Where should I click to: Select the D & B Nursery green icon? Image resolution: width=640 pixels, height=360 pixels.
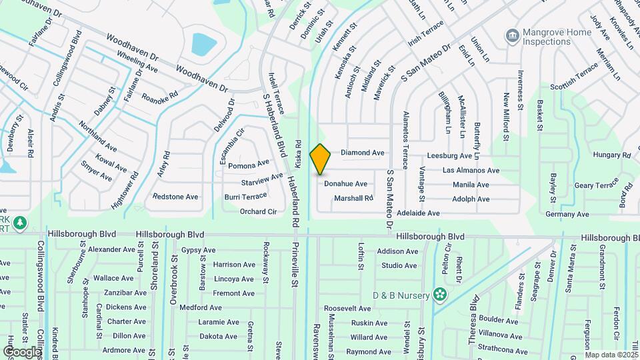point(439,293)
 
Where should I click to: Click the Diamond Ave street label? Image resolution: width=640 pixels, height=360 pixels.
point(363,153)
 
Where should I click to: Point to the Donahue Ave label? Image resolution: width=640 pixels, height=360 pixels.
point(345,184)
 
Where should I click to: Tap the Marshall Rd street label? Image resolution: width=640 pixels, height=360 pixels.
point(353,198)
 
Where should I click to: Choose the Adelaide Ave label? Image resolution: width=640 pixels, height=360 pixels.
point(418,213)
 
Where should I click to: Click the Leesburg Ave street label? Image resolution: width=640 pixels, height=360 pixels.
point(449,156)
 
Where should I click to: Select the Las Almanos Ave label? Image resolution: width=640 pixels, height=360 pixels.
point(471,171)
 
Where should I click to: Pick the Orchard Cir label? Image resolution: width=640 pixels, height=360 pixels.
point(258,212)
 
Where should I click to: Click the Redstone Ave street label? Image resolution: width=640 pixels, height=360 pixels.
point(175,197)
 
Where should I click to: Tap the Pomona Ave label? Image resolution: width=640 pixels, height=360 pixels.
point(248,164)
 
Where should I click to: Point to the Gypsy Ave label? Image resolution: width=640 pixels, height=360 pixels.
point(198,251)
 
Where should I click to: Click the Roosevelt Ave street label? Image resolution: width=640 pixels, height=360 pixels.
point(348,309)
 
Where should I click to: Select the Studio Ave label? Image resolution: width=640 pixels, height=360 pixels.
point(399,265)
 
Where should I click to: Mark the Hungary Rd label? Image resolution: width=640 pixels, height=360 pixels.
point(612,155)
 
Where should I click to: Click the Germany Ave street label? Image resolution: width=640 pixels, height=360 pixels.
point(567,215)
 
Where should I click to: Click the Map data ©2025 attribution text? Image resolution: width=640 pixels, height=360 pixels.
point(611,355)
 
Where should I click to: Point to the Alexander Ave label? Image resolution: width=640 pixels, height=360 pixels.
point(111,249)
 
